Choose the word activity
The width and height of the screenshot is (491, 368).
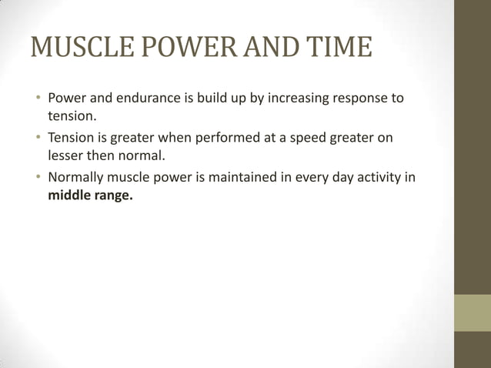(380, 178)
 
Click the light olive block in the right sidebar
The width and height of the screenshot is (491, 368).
(472, 313)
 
